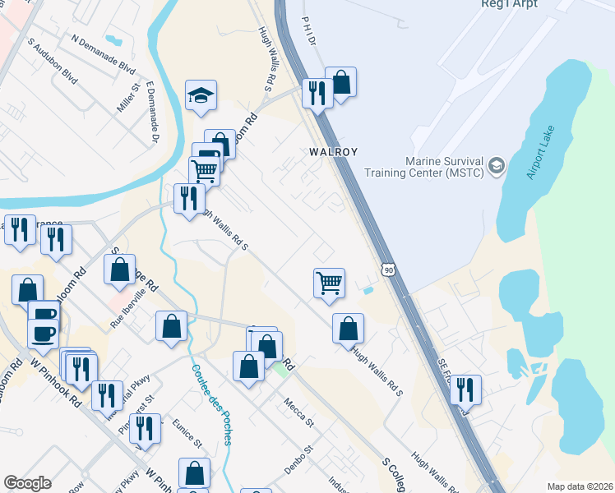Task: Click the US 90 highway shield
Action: (x=386, y=269)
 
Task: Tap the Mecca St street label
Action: (x=298, y=412)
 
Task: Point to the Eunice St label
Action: (x=188, y=433)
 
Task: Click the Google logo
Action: (x=27, y=483)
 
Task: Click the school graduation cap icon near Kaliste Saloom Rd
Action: (x=201, y=95)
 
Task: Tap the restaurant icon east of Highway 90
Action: (x=465, y=389)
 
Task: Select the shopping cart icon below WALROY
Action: (x=329, y=283)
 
